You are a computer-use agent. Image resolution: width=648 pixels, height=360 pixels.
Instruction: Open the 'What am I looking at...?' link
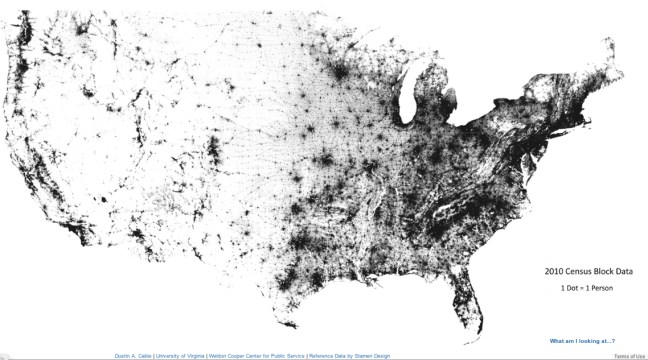click(582, 341)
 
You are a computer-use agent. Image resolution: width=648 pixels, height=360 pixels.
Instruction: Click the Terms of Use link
click(629, 355)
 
